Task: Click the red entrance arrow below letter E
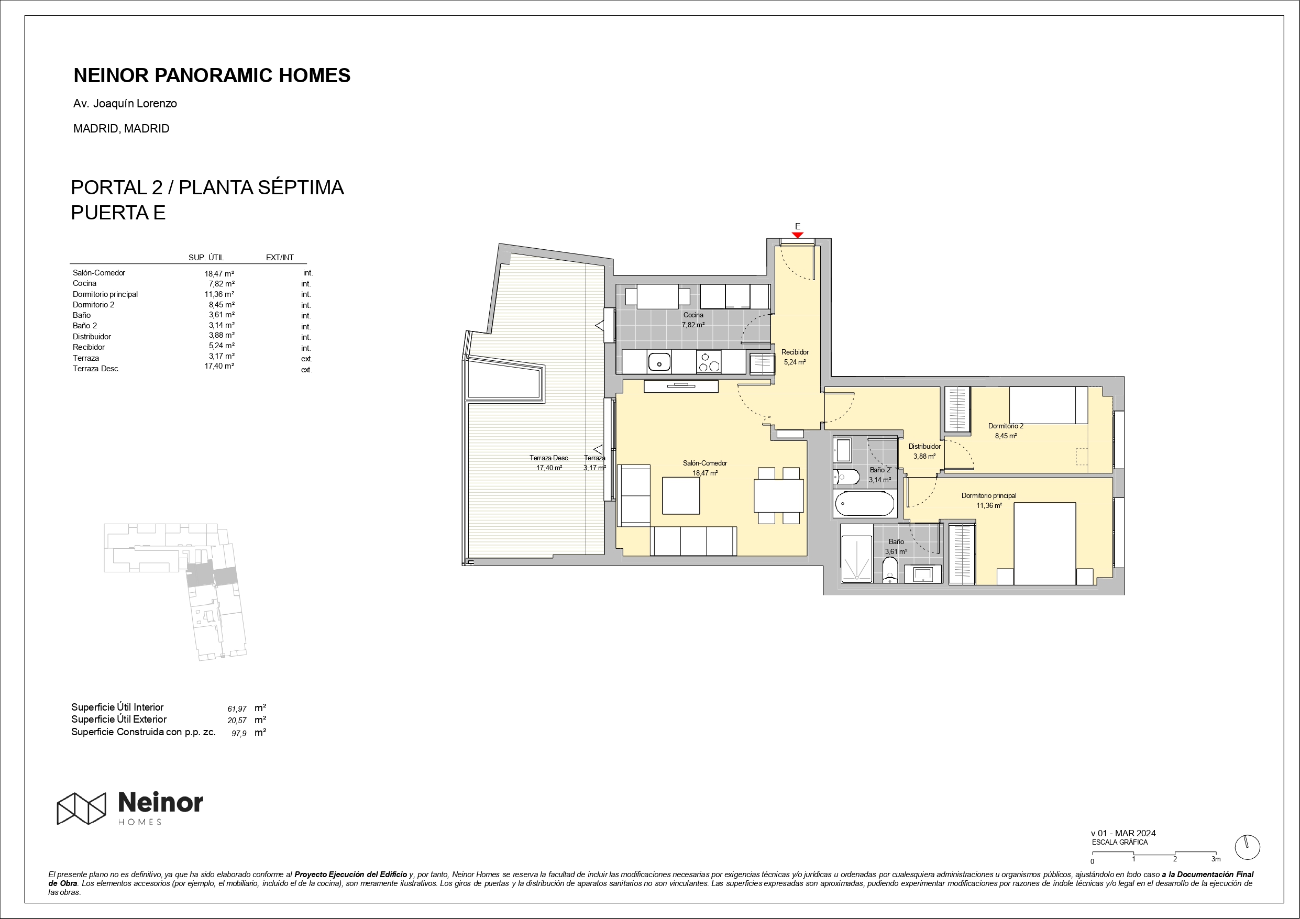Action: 797,235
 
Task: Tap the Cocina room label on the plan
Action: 693,315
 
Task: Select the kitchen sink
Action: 659,362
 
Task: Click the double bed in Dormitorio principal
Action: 1044,544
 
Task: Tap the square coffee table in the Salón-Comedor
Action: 681,495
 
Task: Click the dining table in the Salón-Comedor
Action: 778,495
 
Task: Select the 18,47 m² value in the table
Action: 219,273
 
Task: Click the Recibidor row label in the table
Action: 89,347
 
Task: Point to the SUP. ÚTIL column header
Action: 206,258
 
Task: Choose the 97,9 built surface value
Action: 239,733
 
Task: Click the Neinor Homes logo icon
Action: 82,808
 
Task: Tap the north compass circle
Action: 1247,848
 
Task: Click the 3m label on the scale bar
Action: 1216,859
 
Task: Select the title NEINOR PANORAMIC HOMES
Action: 212,75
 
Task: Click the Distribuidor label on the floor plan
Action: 924,446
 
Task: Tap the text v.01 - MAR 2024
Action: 1123,833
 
